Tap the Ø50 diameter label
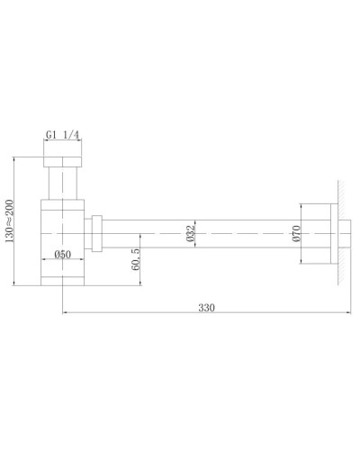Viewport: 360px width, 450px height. (62, 256)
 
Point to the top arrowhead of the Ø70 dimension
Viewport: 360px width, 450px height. (295, 209)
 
